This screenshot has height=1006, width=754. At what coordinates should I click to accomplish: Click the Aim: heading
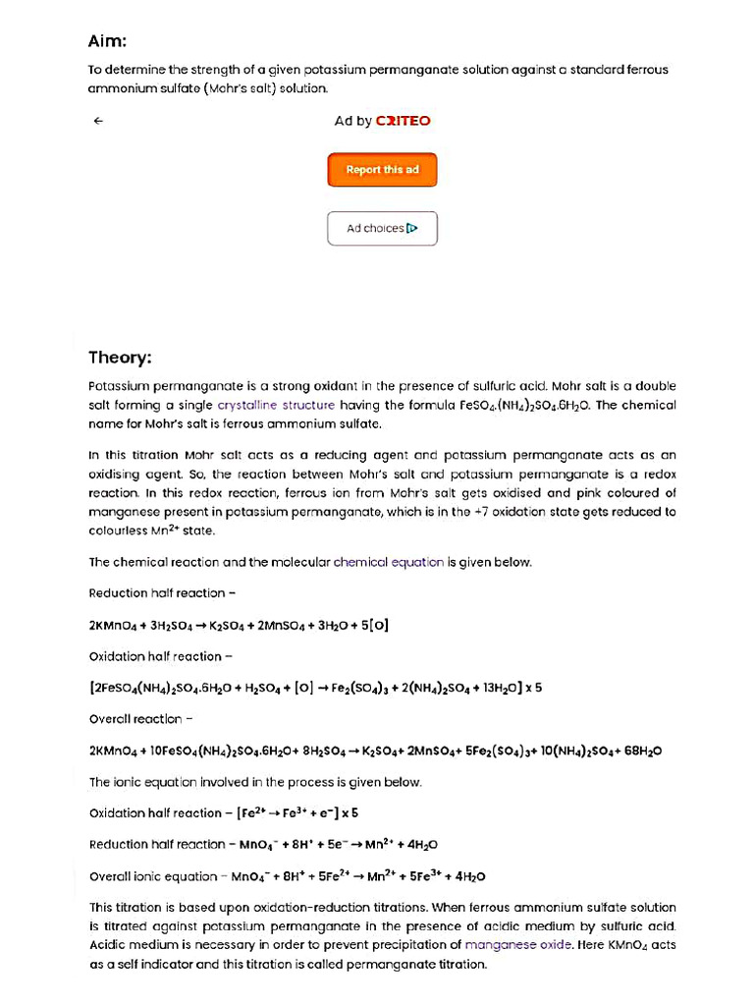point(108,41)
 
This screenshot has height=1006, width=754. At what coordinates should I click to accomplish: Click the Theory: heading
point(120,357)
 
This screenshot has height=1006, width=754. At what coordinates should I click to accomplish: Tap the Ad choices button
point(382,229)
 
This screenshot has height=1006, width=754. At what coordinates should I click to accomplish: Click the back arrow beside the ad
point(98,121)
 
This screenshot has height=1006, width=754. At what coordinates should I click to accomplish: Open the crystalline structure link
point(276,405)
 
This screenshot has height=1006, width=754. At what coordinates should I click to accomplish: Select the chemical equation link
point(389,563)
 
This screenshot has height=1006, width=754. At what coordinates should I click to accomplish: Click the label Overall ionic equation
point(152,876)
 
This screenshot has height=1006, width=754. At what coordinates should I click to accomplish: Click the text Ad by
point(352,121)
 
